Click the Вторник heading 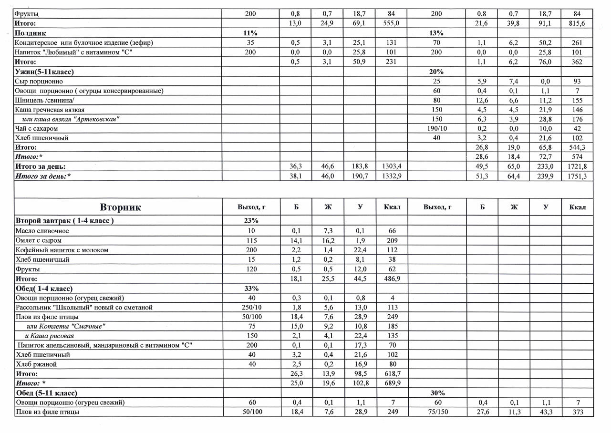[x=121, y=208]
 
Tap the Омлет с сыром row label [x=39, y=240]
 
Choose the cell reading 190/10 [x=436, y=128]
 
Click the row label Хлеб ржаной [x=36, y=364]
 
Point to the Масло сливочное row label [x=42, y=231]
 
